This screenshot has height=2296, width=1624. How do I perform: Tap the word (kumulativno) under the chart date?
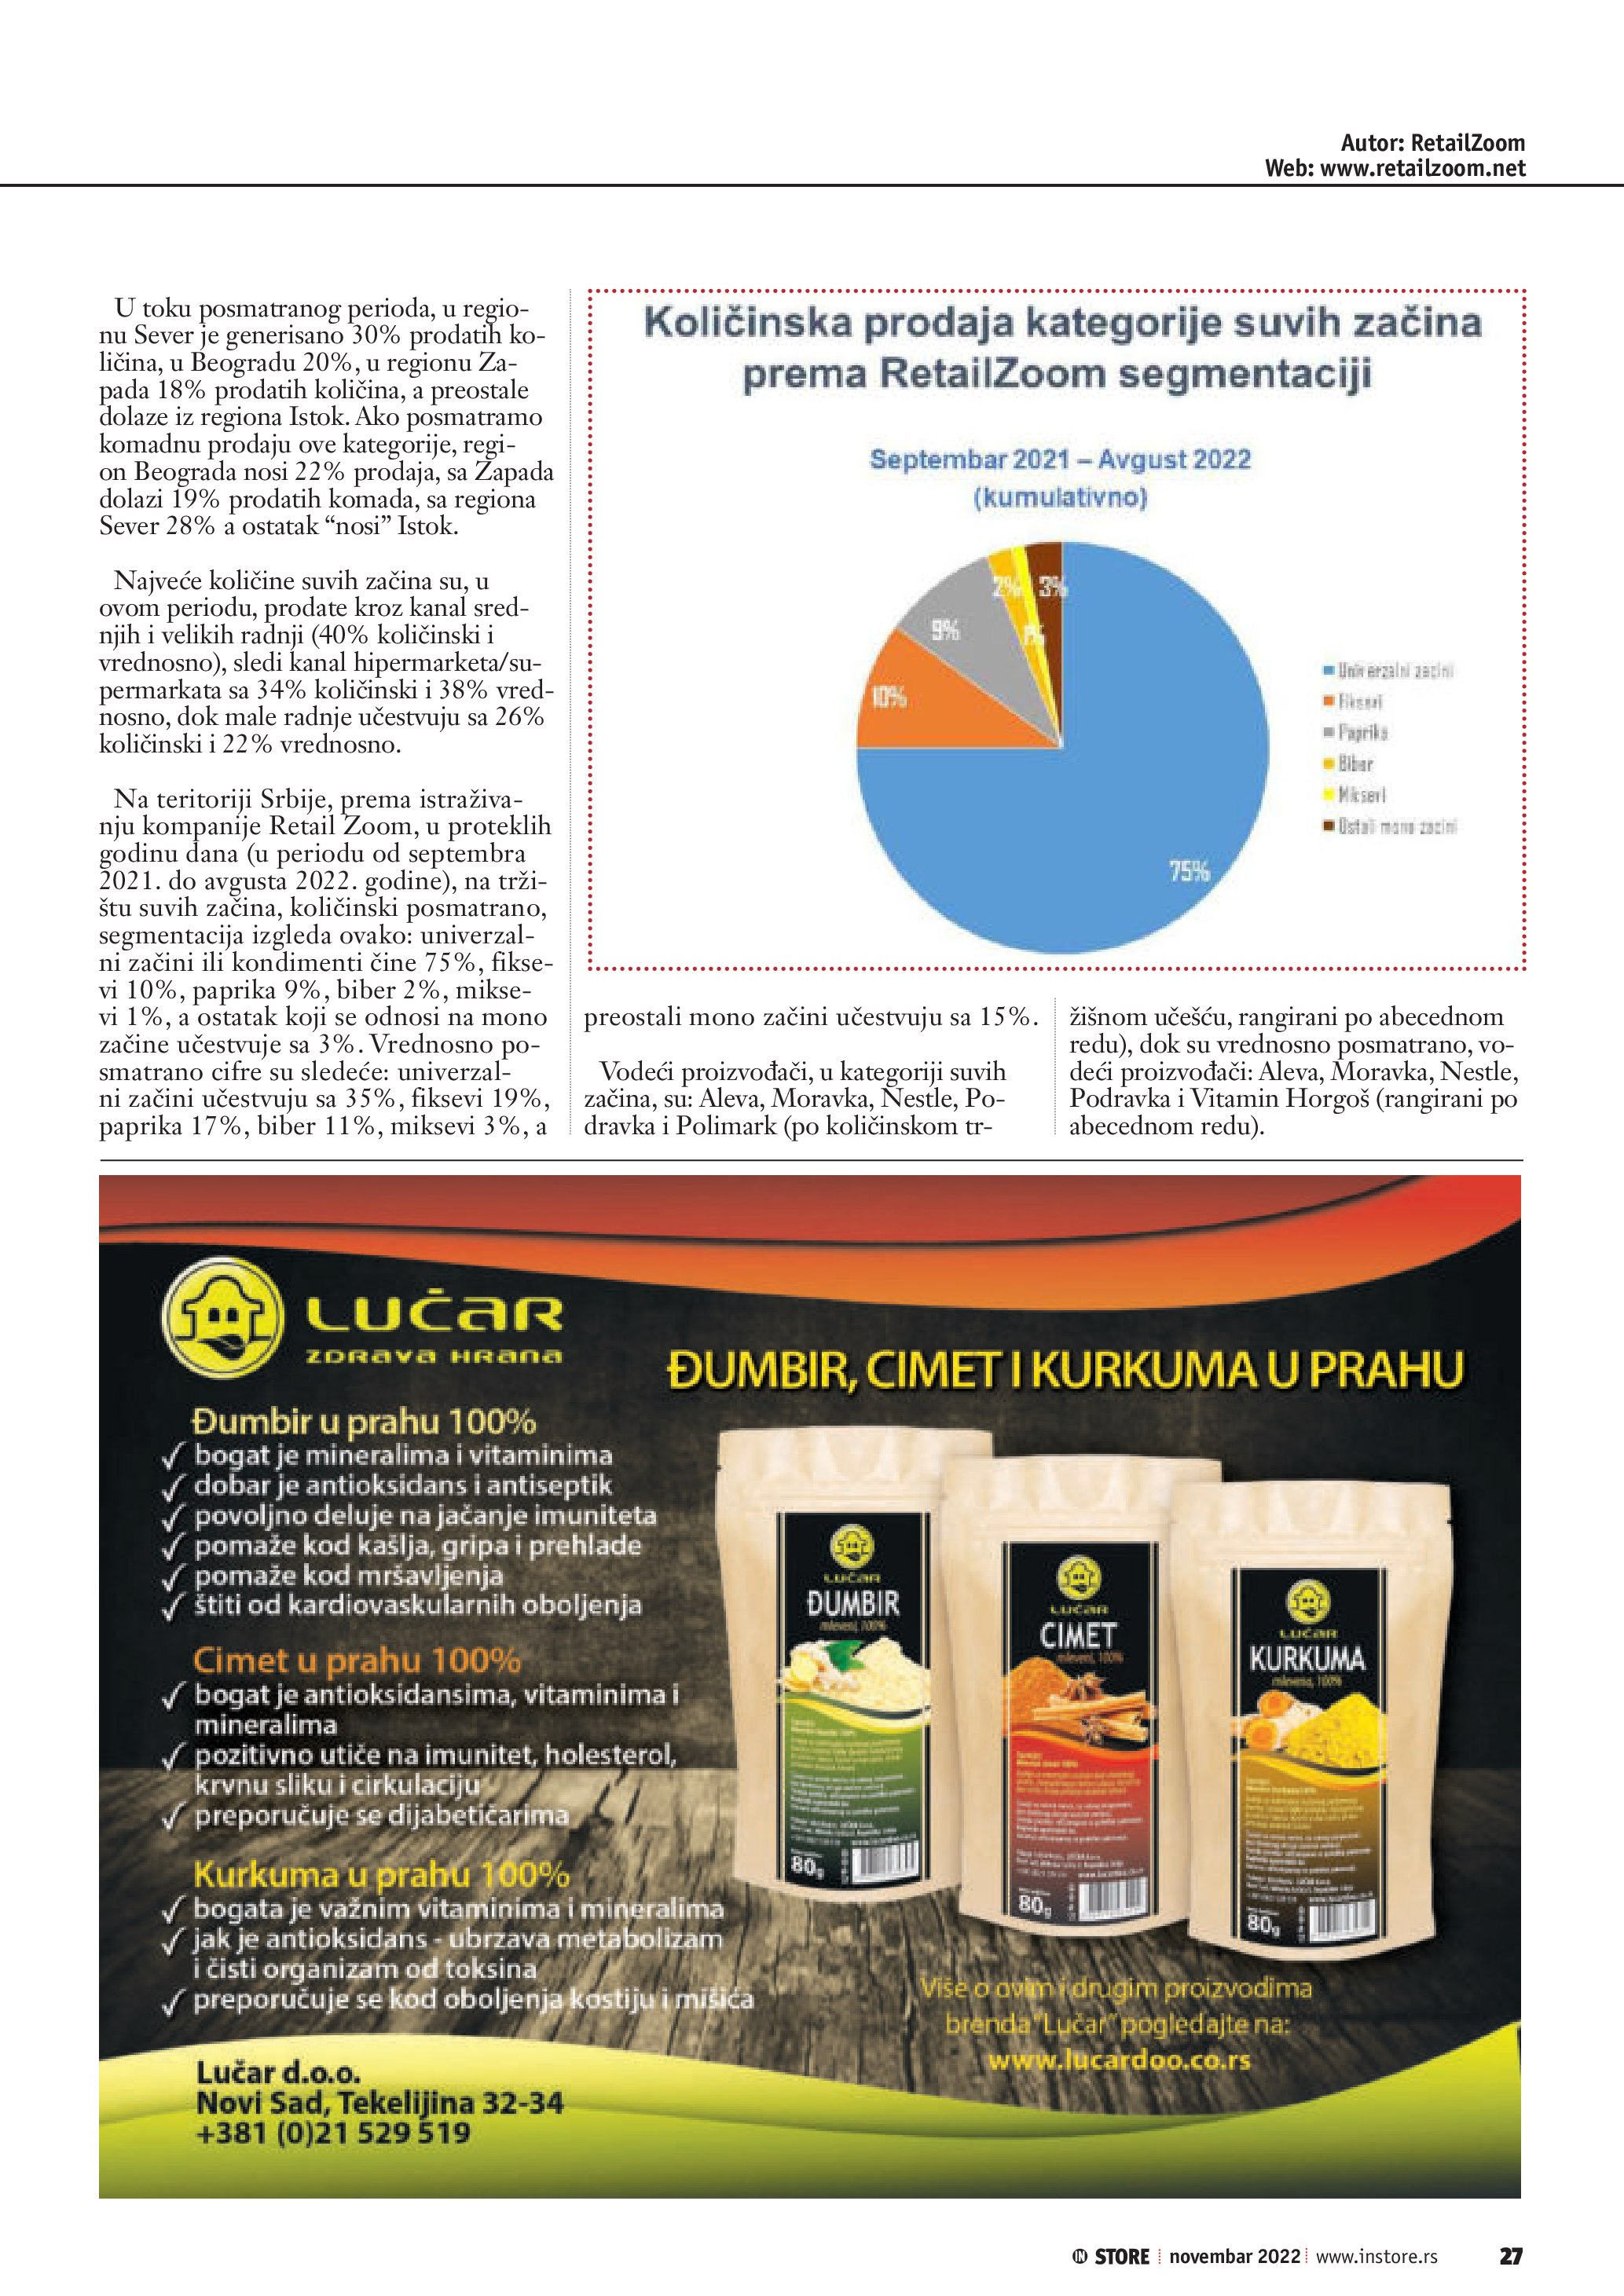click(x=1060, y=497)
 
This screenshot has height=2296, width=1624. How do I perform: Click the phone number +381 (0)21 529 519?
click(x=334, y=2132)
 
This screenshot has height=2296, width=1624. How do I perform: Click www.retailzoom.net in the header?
click(x=1422, y=168)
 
